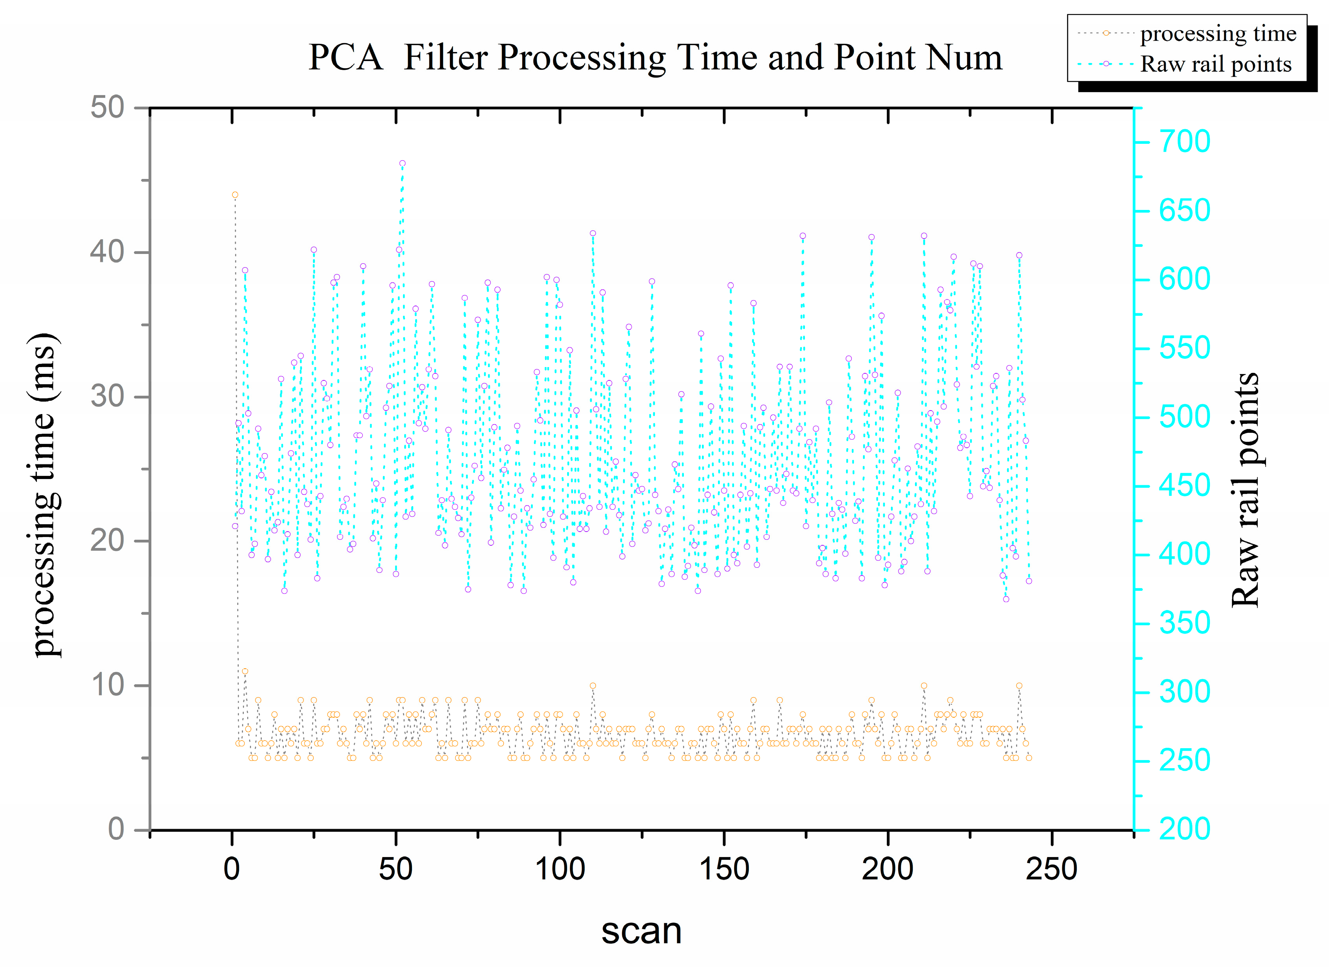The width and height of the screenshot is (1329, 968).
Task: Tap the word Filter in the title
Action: click(x=445, y=58)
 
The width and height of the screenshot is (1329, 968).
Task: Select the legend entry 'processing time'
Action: click(x=1218, y=33)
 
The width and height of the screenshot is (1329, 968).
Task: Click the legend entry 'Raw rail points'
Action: click(x=1215, y=64)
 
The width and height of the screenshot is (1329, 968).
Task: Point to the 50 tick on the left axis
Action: click(x=107, y=108)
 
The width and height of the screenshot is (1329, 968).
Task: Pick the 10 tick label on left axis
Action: click(x=107, y=685)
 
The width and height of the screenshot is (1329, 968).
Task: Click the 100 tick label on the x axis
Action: click(x=560, y=869)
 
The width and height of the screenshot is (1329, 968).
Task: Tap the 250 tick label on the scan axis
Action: click(x=1051, y=869)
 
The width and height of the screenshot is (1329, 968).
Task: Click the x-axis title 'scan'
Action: click(x=641, y=930)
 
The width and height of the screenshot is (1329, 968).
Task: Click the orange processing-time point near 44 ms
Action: click(x=235, y=195)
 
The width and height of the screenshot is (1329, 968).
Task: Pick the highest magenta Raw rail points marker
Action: click(x=402, y=163)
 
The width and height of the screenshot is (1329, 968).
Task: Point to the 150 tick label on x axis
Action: click(x=724, y=869)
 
